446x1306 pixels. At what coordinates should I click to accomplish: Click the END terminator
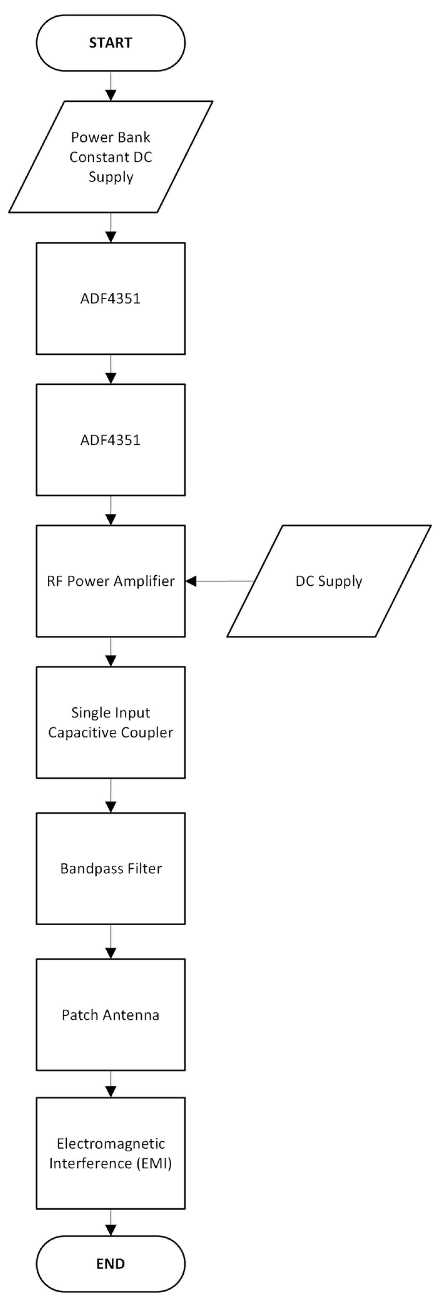[110, 1263]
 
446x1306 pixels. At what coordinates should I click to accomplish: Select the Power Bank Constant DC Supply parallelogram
[110, 157]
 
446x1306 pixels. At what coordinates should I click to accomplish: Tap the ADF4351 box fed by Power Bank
[110, 298]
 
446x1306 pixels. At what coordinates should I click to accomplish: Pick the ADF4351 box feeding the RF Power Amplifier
[110, 440]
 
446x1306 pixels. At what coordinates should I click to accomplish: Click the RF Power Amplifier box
[110, 581]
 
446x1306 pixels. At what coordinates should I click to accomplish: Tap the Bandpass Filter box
[110, 868]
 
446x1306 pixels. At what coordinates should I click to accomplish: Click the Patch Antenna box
[110, 1015]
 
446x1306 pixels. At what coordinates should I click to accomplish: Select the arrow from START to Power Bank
[110, 86]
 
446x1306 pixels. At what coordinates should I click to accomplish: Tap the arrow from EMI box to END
[110, 1223]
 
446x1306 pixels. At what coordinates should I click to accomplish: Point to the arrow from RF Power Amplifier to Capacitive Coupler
[110, 652]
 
